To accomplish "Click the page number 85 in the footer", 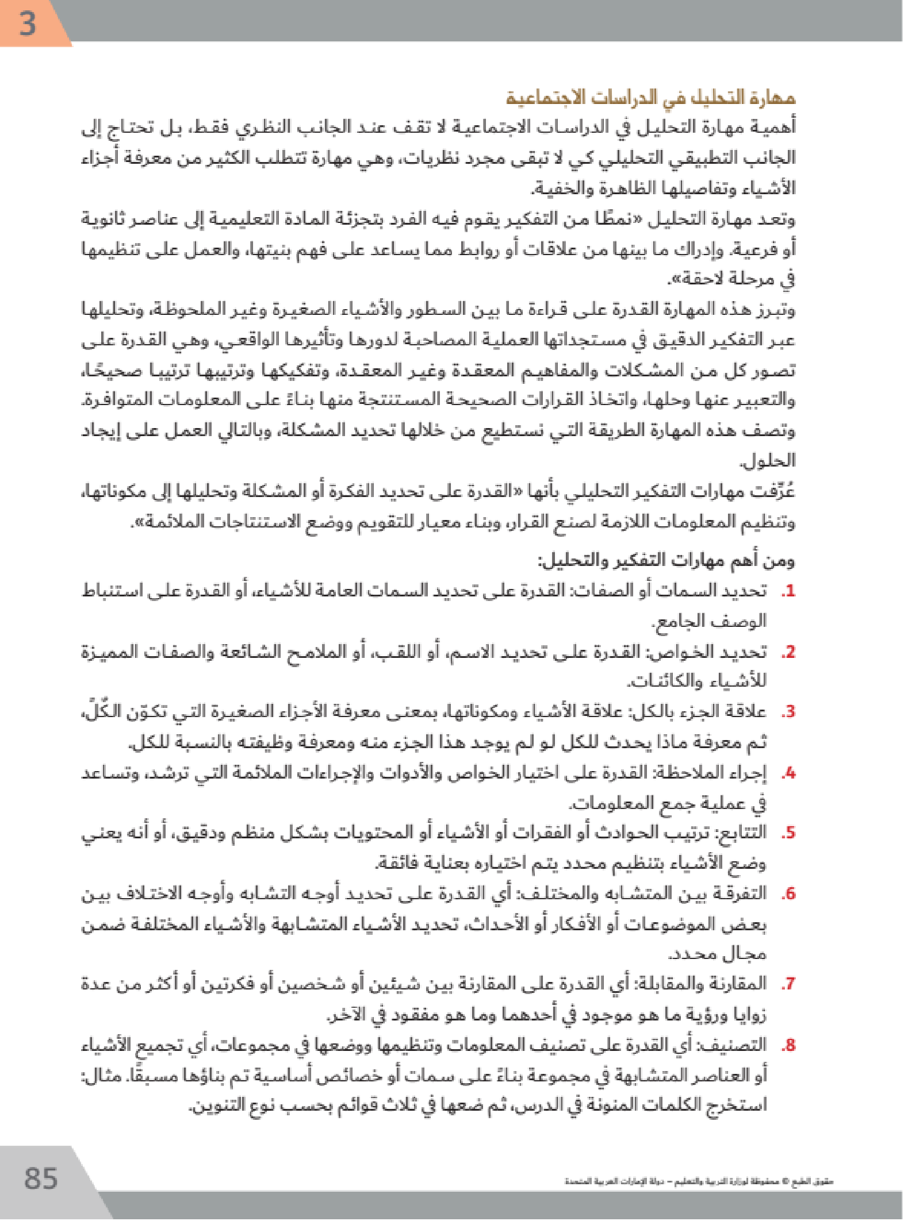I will pyautogui.click(x=41, y=1178).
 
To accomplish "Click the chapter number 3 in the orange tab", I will pyautogui.click(x=27, y=24).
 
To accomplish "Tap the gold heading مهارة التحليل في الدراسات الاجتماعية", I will pyautogui.click(x=650, y=97).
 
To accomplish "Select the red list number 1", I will pyautogui.click(x=788, y=591).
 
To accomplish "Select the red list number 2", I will pyautogui.click(x=788, y=652).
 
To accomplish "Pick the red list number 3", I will pyautogui.click(x=788, y=712).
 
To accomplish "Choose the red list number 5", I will pyautogui.click(x=788, y=833).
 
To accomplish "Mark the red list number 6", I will pyautogui.click(x=788, y=893).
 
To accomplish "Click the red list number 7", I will pyautogui.click(x=788, y=984).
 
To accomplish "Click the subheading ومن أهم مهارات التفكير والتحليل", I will pyautogui.click(x=666, y=560).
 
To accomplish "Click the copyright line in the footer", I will pyautogui.click(x=699, y=1182).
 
